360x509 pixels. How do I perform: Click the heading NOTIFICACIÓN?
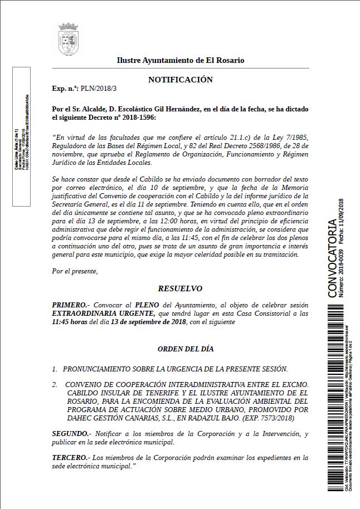point(180,80)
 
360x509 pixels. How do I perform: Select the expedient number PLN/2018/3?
point(99,89)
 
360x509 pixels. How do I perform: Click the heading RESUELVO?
point(180,288)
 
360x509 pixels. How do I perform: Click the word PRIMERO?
point(69,305)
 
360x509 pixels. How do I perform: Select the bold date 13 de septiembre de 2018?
point(148,322)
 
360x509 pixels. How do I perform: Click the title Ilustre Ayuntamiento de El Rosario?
point(180,60)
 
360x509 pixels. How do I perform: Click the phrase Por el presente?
point(74,271)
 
